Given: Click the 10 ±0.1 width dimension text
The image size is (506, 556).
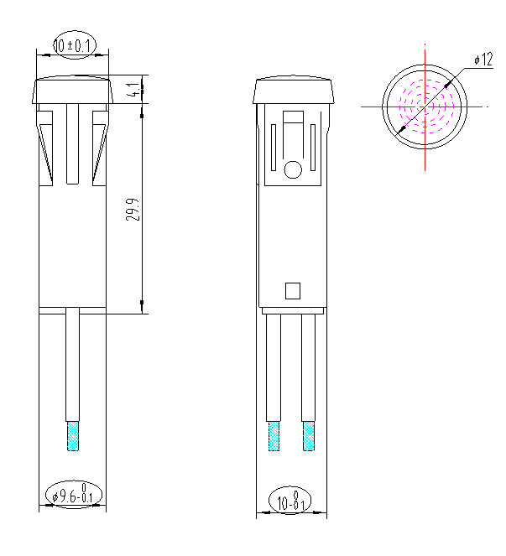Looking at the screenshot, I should pyautogui.click(x=74, y=45).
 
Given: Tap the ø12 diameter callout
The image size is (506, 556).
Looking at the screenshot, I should pyautogui.click(x=483, y=60).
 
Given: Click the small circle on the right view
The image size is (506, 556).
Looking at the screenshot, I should pyautogui.click(x=293, y=171).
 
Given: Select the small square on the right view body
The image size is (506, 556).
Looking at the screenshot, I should pyautogui.click(x=293, y=291).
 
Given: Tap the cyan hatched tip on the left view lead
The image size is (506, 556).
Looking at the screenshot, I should pyautogui.click(x=73, y=435).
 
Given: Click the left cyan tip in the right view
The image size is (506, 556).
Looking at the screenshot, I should pyautogui.click(x=274, y=435).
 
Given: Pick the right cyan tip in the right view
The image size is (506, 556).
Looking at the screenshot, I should pyautogui.click(x=309, y=435).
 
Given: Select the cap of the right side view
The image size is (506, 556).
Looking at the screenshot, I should pyautogui.click(x=294, y=91).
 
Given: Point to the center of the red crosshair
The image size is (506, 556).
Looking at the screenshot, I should pyautogui.click(x=425, y=107).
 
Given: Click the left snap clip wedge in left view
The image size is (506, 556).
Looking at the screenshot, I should pyautogui.click(x=47, y=143).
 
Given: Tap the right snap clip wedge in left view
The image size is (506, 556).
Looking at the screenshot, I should pyautogui.click(x=99, y=143).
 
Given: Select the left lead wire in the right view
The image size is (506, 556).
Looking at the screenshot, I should pyautogui.click(x=274, y=369).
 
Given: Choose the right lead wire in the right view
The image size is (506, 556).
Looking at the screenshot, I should pyautogui.click(x=309, y=369).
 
